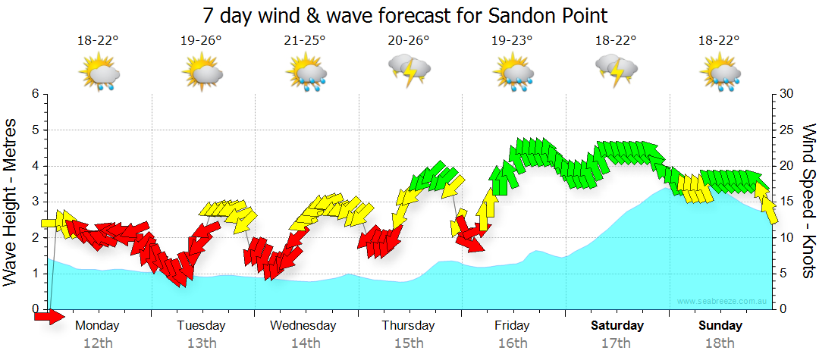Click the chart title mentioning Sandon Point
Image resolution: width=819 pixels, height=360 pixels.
pyautogui.click(x=406, y=15)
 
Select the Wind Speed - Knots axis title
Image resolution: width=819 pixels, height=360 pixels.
pyautogui.click(x=808, y=201)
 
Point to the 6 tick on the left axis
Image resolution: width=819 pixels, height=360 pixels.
pyautogui.click(x=35, y=94)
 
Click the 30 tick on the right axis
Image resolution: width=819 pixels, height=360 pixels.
pyautogui.click(x=786, y=94)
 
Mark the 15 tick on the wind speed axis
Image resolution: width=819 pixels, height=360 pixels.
pyautogui.click(x=786, y=202)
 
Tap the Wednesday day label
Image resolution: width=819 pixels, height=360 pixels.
pyautogui.click(x=303, y=326)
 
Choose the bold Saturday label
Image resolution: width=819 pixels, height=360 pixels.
pyautogui.click(x=617, y=326)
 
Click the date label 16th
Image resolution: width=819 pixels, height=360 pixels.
pyautogui.click(x=513, y=343)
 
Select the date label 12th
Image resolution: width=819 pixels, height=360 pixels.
pyautogui.click(x=99, y=343)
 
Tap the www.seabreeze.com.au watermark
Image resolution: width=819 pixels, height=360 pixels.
pyautogui.click(x=723, y=302)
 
